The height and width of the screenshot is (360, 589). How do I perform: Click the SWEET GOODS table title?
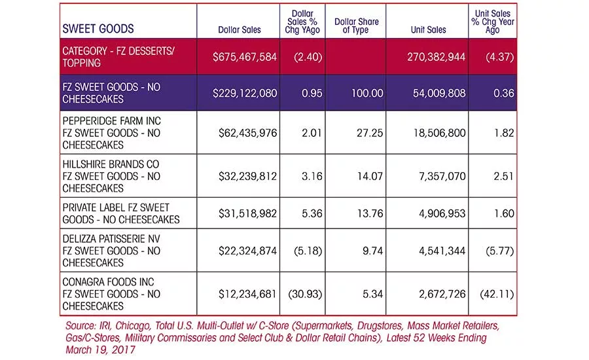coord(98,29)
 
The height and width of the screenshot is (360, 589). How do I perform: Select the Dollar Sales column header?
coord(240,29)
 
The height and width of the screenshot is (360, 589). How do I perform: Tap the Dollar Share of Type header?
coord(357,26)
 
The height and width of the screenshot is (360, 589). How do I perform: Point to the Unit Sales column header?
coord(428,29)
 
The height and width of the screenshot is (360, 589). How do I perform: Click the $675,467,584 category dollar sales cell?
coord(245,57)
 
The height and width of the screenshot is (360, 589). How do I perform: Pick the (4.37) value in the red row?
coord(499,57)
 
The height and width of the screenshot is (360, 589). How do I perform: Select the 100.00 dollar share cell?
coord(367,93)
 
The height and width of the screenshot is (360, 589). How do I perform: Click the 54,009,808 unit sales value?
coord(439,93)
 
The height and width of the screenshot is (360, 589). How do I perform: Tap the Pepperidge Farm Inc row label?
coord(111,133)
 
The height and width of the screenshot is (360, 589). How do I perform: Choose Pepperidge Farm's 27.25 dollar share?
coord(370,133)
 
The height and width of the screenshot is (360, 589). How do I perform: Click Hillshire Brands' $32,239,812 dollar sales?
coord(247,176)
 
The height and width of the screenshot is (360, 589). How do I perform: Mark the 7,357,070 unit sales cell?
coord(442,176)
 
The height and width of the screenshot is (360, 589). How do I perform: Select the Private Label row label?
coord(121,213)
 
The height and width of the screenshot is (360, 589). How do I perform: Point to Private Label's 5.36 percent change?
coord(312,213)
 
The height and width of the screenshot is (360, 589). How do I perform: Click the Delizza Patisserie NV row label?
coord(111,251)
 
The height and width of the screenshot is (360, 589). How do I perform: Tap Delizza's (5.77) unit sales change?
coord(499,251)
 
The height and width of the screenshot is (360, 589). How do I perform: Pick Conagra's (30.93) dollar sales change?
coord(305,294)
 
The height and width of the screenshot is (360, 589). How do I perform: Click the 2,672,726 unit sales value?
coord(442,294)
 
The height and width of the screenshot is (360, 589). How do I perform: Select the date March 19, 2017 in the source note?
coord(100,350)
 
